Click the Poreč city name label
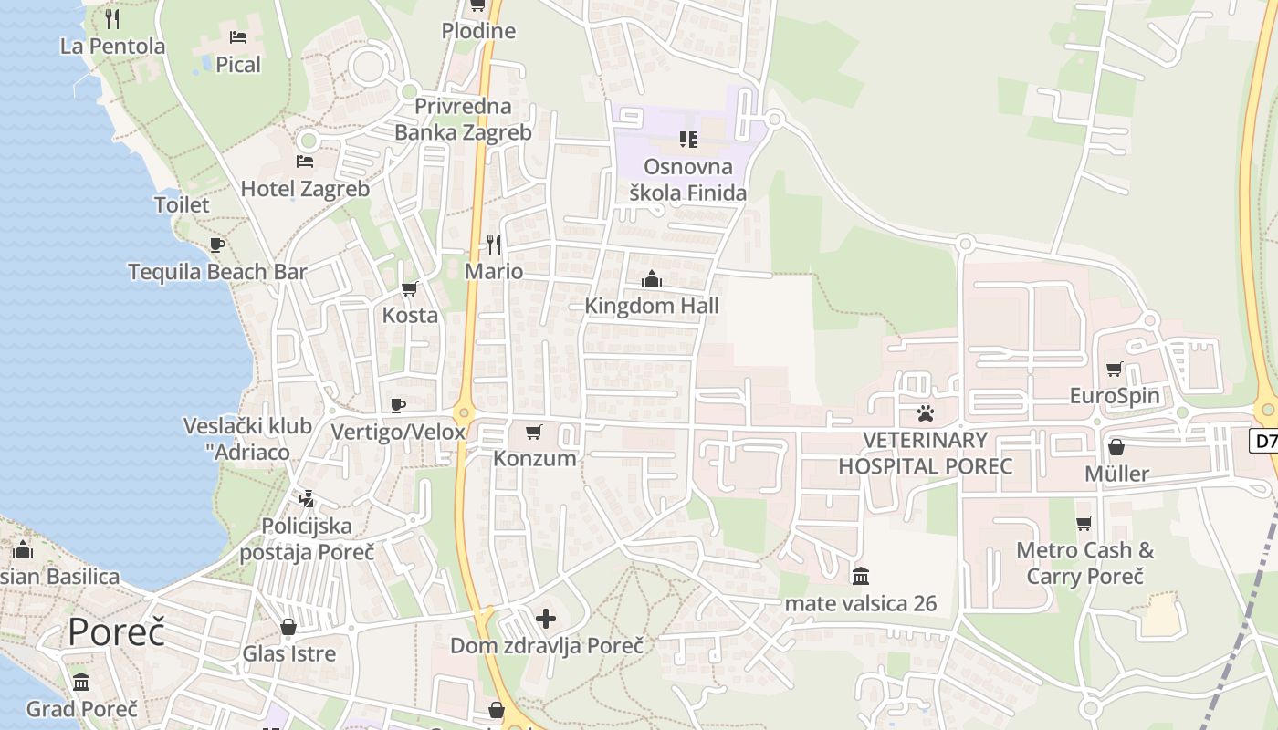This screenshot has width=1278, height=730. point(116,631)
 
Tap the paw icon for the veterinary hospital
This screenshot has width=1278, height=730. point(926,413)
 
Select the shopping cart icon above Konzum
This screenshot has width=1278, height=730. point(534,432)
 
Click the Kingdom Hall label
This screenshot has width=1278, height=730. point(652,306)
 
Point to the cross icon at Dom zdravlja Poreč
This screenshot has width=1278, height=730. point(546,620)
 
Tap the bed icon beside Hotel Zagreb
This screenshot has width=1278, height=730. point(305,162)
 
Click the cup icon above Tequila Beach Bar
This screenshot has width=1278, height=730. point(216,245)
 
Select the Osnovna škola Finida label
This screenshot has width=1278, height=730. point(688,180)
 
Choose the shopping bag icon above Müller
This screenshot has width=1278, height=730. point(1116,447)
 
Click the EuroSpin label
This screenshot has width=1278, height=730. point(1115,396)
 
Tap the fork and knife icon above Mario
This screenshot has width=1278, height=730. point(494,244)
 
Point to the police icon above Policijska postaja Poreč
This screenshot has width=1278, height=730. point(306,499)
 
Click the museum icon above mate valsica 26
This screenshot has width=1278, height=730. point(861,577)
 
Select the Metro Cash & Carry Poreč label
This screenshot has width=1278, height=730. point(1084,563)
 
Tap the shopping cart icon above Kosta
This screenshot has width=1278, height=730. point(410,288)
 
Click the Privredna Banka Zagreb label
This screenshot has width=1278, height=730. point(463,119)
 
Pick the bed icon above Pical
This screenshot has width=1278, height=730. point(238,37)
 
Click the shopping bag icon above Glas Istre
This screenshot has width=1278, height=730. point(288,627)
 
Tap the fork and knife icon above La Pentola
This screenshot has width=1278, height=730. point(112,18)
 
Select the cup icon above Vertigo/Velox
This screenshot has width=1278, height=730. point(398,404)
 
